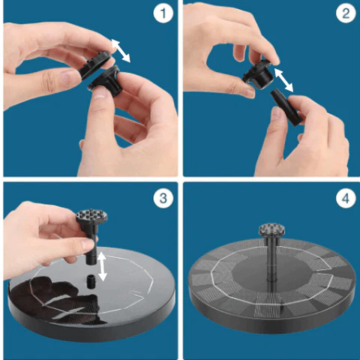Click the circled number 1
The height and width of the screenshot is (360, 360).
(x=163, y=13)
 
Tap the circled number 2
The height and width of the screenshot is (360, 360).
(x=346, y=13)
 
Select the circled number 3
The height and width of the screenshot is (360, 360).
(x=163, y=198)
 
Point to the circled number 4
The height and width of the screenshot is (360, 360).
(x=346, y=198)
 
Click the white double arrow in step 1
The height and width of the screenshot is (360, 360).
(x=121, y=51)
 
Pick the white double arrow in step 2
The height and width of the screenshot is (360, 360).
(x=283, y=80)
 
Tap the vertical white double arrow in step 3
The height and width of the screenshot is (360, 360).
(x=102, y=266)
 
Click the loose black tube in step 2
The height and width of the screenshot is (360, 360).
(x=286, y=108)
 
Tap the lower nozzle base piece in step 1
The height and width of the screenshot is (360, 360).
(x=105, y=80)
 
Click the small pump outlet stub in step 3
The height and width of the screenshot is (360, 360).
(x=91, y=281)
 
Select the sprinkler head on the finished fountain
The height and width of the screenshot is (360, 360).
(x=271, y=230)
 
